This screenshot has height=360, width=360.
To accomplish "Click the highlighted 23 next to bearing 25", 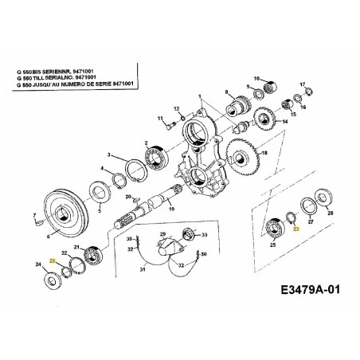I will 296,229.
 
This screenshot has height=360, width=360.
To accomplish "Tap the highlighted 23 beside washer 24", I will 53,261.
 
